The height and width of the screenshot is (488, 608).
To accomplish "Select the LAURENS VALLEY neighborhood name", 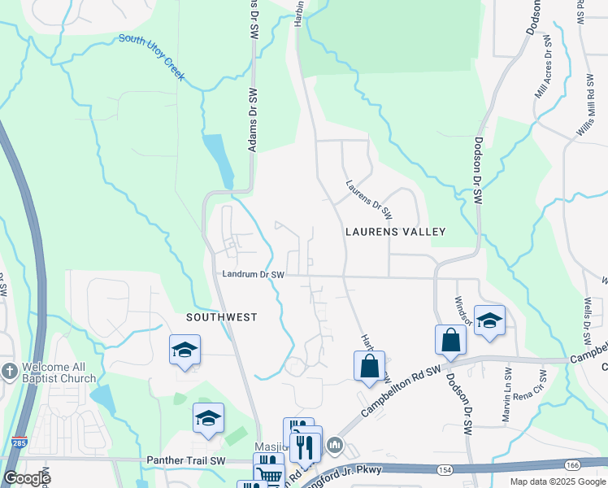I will click(x=396, y=232).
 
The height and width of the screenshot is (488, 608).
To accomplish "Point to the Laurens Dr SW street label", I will click(x=369, y=200).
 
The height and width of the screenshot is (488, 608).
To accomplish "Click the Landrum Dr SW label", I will click(x=253, y=276).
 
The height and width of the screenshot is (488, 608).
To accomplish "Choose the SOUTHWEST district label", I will click(x=221, y=317).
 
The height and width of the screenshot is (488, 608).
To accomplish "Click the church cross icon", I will click(x=9, y=369).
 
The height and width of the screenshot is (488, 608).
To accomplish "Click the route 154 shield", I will click(x=443, y=470).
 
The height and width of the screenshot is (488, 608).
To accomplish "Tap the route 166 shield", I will click(x=571, y=464).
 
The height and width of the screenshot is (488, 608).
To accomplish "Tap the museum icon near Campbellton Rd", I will click(x=334, y=445).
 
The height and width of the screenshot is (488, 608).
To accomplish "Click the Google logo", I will click(x=27, y=478).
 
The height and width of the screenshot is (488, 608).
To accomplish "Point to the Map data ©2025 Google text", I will click(x=557, y=481).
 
